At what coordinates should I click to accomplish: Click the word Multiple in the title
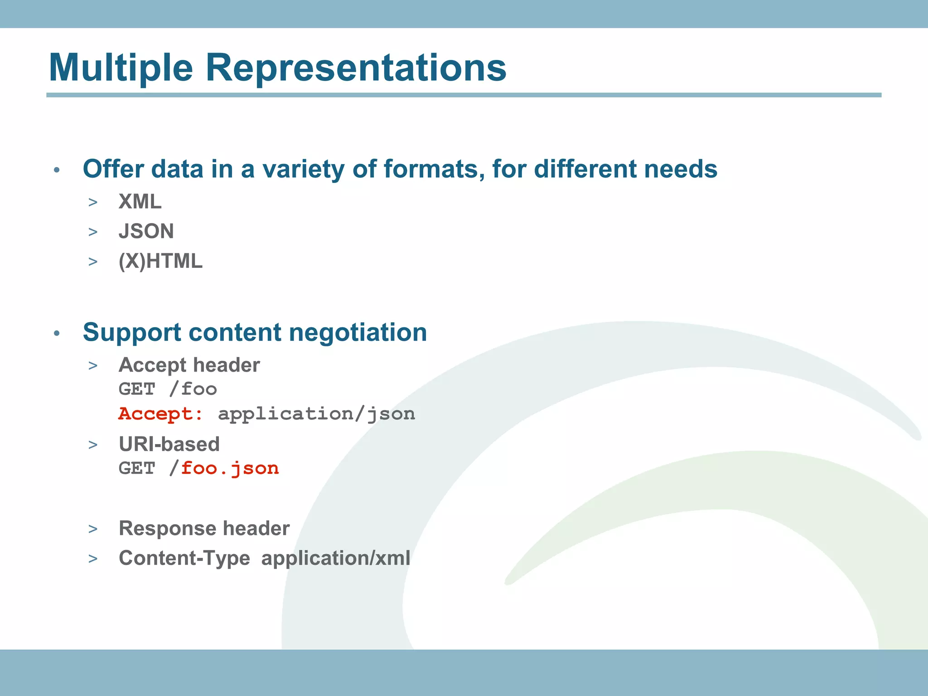coord(121,68)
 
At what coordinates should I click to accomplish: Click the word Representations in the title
coord(356,68)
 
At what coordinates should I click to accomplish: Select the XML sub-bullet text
coord(140,202)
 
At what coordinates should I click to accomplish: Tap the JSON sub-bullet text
coord(146,232)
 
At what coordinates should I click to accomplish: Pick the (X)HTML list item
coord(160,261)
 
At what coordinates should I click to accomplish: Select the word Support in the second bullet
coord(132,333)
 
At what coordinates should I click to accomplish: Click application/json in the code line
coord(316,414)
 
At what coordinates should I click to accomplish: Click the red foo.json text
coord(230,469)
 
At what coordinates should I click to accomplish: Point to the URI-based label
coord(169,444)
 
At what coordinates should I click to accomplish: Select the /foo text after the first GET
coord(193,389)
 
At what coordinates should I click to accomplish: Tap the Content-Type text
coord(184,558)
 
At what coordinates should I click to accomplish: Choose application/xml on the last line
coord(336,558)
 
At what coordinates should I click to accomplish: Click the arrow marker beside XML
coord(93,203)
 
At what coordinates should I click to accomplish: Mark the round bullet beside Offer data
coord(57,170)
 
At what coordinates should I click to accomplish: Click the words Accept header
coord(189,365)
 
